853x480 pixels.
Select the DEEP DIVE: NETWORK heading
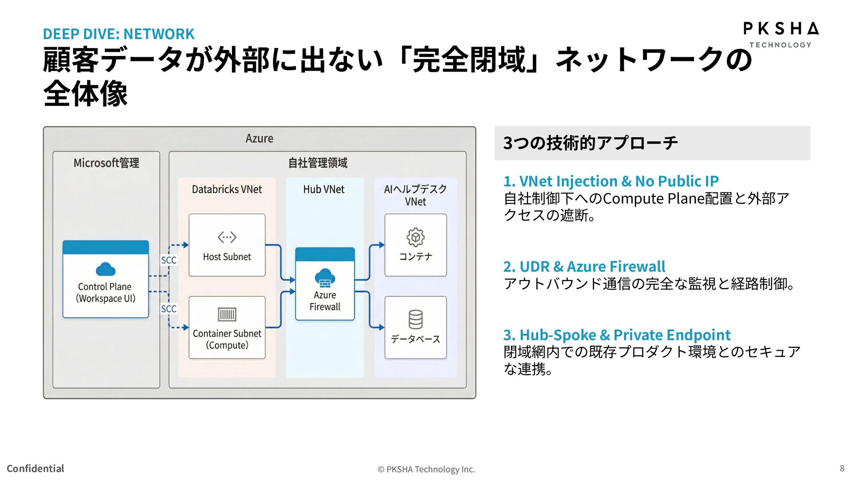[x=118, y=34]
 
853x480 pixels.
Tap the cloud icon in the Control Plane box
[x=105, y=269]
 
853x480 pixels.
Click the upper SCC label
[x=168, y=260]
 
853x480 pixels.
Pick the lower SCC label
[x=168, y=308]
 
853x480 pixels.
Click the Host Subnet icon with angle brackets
[x=227, y=237]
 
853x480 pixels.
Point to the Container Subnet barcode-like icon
[x=227, y=314]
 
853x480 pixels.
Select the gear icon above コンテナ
[x=415, y=237]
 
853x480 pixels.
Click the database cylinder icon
[x=415, y=319]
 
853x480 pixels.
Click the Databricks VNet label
[x=227, y=189]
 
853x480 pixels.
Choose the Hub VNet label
[x=323, y=189]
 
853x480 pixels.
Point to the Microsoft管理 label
[x=106, y=163]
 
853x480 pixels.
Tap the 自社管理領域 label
[x=318, y=163]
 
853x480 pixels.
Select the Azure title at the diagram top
[x=259, y=139]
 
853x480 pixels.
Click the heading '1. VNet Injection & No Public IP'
[x=610, y=181]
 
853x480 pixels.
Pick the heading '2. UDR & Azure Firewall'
[x=584, y=267]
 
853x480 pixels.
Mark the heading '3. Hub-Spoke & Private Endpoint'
[x=617, y=335]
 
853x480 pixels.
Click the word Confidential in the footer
[x=36, y=468]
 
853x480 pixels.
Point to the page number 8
[x=841, y=468]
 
